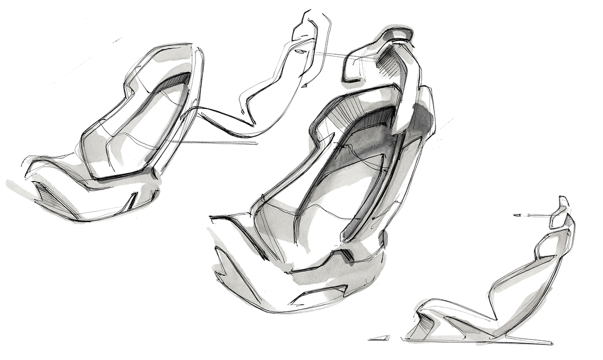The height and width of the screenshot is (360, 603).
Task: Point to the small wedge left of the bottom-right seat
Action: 378,337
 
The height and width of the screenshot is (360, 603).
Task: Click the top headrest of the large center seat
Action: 396,35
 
